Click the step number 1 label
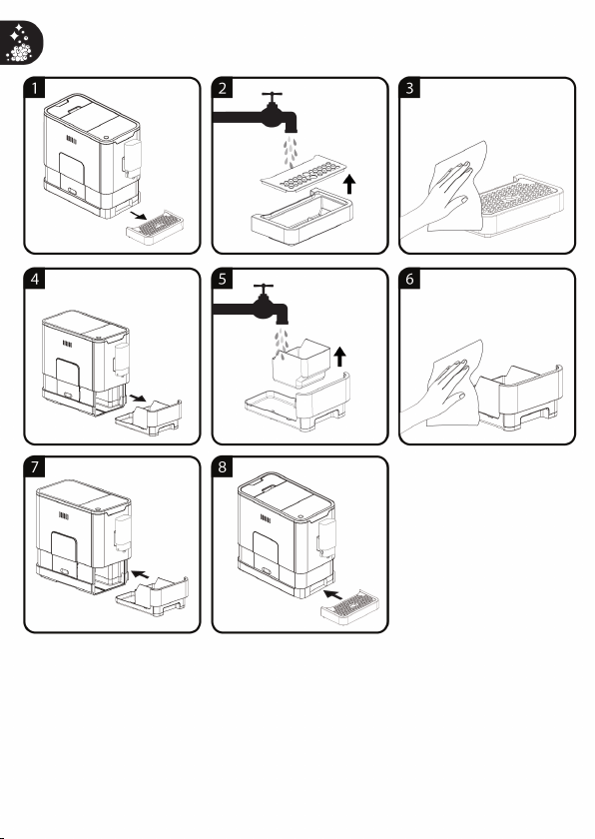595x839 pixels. (x=35, y=88)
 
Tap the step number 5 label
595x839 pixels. (x=223, y=279)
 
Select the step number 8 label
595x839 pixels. (x=223, y=467)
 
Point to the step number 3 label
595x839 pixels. (x=410, y=88)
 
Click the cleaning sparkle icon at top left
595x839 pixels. (x=20, y=43)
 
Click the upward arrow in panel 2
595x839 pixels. (x=349, y=183)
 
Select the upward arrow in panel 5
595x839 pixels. (x=340, y=357)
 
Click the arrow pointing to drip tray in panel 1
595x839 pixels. (x=139, y=215)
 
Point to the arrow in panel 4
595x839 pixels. (x=138, y=399)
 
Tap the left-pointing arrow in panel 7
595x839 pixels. (x=141, y=574)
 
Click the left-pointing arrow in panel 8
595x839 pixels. (x=333, y=594)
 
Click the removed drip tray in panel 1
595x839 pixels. (x=155, y=228)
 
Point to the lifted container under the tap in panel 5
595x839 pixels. (x=300, y=363)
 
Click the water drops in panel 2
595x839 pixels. (x=291, y=152)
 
